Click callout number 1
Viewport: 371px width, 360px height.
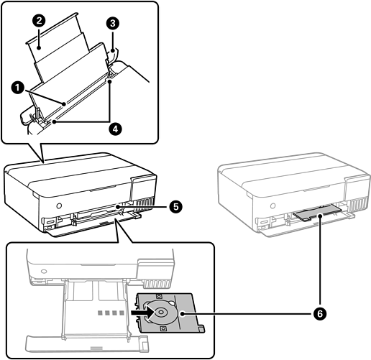pyautogui.click(x=17, y=88)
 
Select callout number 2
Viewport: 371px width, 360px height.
pyautogui.click(x=39, y=20)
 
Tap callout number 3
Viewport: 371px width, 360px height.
pyautogui.click(x=112, y=24)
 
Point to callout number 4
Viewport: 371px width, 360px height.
pyautogui.click(x=115, y=129)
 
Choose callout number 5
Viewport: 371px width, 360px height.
pyautogui.click(x=175, y=206)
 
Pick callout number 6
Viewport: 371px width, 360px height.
pyautogui.click(x=320, y=314)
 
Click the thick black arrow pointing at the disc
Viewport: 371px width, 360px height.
pyautogui.click(x=142, y=313)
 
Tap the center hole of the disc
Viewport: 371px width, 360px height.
pyautogui.click(x=161, y=313)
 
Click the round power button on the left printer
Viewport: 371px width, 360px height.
pyautogui.click(x=59, y=206)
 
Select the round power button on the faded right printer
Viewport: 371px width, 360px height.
pyautogui.click(x=272, y=206)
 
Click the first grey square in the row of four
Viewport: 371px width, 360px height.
pyautogui.click(x=100, y=313)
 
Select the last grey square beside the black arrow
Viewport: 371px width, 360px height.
pyautogui.click(x=122, y=313)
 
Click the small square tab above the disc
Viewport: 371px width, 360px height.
pyautogui.click(x=159, y=296)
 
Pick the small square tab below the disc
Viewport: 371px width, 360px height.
pyautogui.click(x=163, y=328)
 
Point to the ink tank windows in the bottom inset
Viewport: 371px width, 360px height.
pyautogui.click(x=157, y=284)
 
